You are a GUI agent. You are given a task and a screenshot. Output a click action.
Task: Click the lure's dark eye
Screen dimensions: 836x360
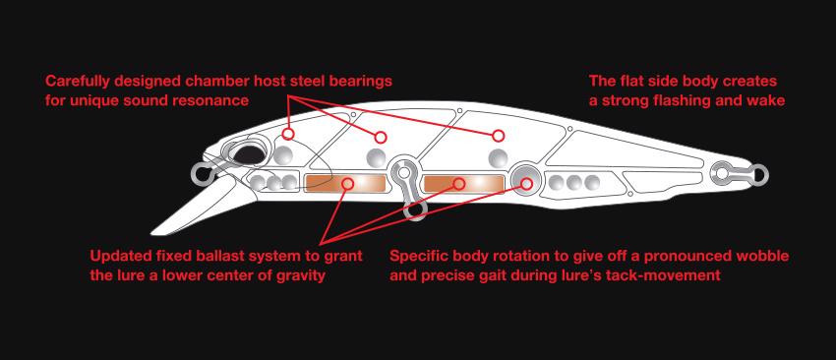tap(248, 153)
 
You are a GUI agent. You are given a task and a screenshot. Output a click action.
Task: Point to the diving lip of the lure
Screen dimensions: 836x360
tap(195, 207)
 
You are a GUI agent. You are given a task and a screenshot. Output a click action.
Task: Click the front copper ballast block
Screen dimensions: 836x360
tap(344, 184)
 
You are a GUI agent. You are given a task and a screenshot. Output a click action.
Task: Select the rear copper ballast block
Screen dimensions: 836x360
tap(464, 184)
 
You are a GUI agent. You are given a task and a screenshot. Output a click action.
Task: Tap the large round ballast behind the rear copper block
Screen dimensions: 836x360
tap(525, 178)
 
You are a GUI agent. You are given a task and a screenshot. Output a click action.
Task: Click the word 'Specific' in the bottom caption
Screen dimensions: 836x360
tap(418, 257)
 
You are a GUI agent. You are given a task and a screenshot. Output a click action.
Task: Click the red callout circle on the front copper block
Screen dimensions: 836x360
tap(349, 184)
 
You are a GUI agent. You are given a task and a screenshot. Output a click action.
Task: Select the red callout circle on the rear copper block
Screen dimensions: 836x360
tap(459, 184)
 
